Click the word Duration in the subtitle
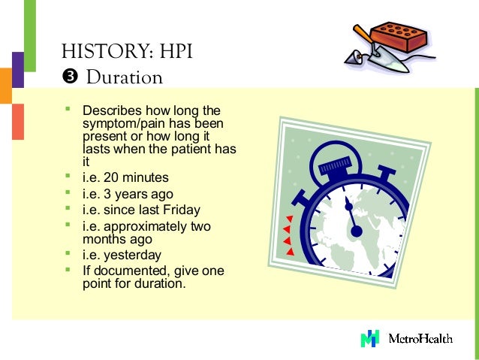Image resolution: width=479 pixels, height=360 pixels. (x=124, y=77)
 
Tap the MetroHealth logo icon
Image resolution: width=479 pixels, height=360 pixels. (x=369, y=338)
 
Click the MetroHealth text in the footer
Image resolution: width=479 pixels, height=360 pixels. (x=420, y=338)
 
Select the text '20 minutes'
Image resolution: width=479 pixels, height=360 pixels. (x=136, y=178)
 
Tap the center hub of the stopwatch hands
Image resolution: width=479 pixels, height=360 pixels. (x=356, y=230)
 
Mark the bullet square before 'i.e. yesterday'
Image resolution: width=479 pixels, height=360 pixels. (x=67, y=254)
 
